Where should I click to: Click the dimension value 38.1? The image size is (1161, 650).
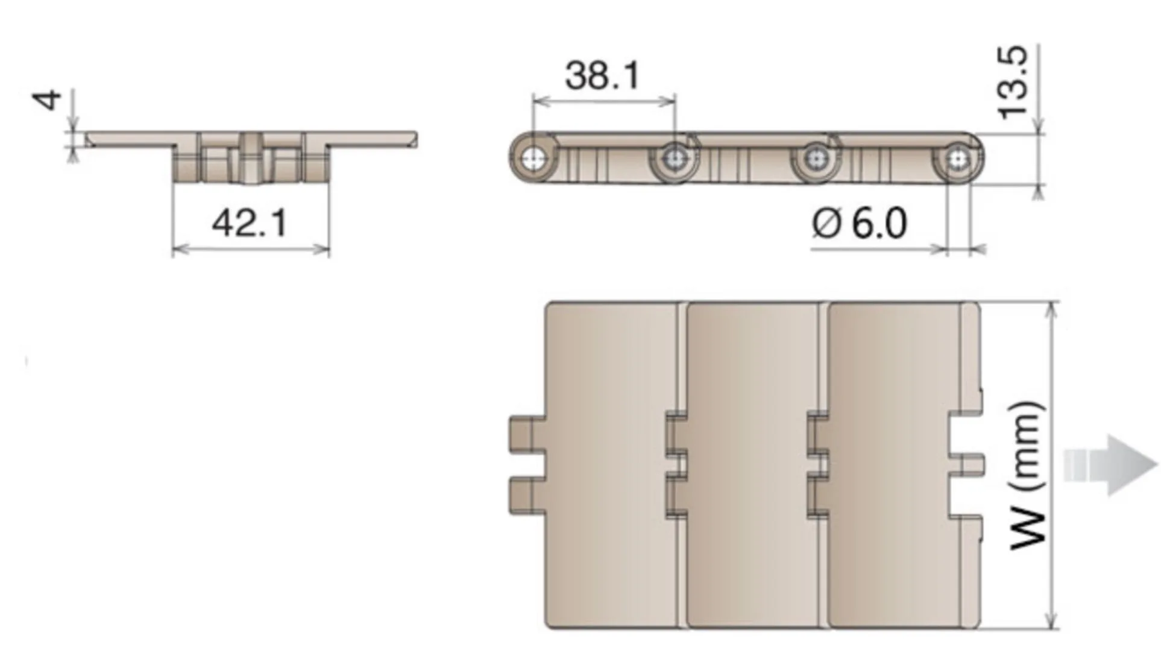pos(602,76)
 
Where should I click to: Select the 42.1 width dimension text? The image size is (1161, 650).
pos(250,222)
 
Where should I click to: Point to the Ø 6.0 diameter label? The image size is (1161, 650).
pos(859,223)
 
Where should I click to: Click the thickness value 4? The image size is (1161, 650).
pos(48,99)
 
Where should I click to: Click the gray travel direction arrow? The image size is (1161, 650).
pos(1111,465)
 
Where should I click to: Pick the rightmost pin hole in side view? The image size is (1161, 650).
pos(957,159)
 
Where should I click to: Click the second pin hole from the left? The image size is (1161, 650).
pos(673,160)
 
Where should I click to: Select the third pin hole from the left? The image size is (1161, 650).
pos(815,159)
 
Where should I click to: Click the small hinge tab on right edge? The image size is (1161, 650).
pos(972,464)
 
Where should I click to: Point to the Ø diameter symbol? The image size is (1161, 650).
pos(826,223)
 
